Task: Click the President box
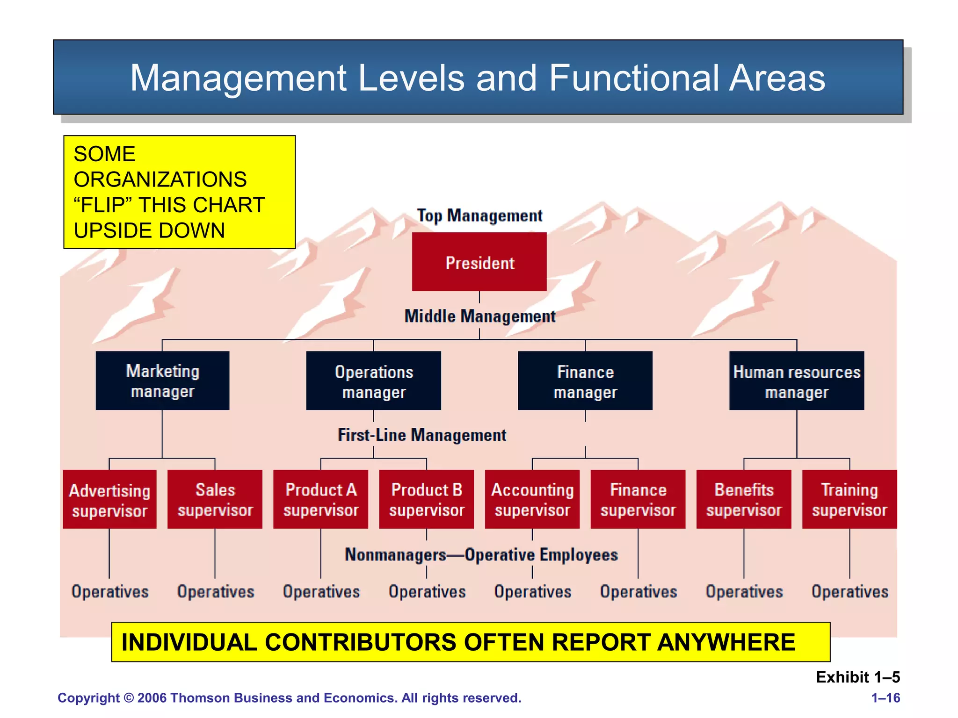pyautogui.click(x=479, y=262)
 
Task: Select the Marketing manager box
pyautogui.click(x=162, y=381)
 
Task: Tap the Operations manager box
pyautogui.click(x=373, y=381)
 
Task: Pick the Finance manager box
pyautogui.click(x=585, y=381)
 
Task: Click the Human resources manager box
pyautogui.click(x=796, y=381)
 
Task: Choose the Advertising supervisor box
pyautogui.click(x=109, y=499)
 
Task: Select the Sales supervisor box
pyautogui.click(x=215, y=499)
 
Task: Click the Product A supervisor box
pyautogui.click(x=320, y=499)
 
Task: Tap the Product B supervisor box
pyautogui.click(x=426, y=499)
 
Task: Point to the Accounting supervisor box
pyautogui.click(x=532, y=499)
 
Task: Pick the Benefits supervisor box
pyautogui.click(x=743, y=499)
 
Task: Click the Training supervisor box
pyautogui.click(x=849, y=499)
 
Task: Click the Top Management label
pyautogui.click(x=479, y=215)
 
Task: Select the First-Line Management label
pyautogui.click(x=421, y=435)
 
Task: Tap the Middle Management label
pyautogui.click(x=479, y=316)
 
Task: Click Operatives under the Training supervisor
pyautogui.click(x=849, y=592)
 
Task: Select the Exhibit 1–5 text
pyautogui.click(x=857, y=677)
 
